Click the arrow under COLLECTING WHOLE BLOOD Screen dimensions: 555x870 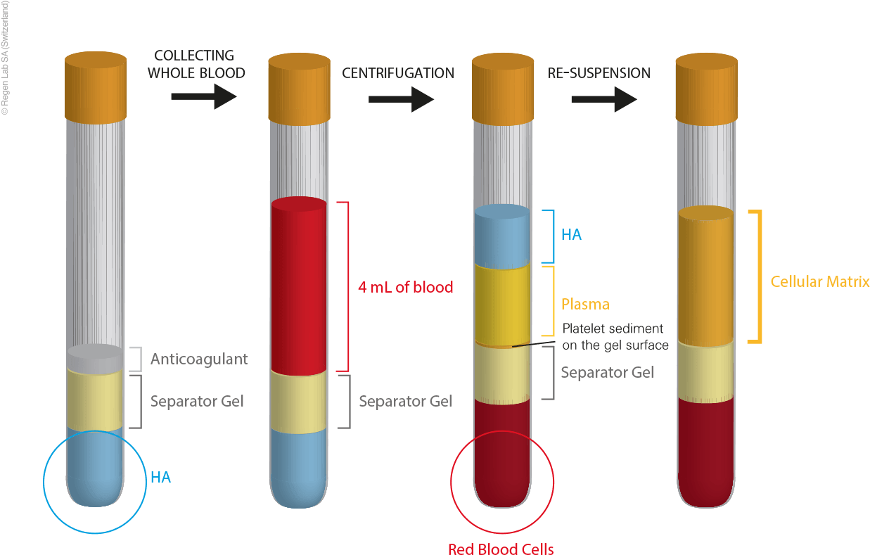tap(203, 97)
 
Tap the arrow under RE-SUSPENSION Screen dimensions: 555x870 tap(603, 99)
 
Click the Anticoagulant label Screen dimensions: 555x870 tap(199, 359)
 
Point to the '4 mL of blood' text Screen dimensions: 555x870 tap(405, 287)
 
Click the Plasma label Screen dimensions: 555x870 tap(585, 305)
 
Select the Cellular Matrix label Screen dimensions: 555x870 tap(820, 282)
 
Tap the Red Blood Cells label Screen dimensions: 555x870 tap(501, 548)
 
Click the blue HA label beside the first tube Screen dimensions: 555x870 tap(160, 478)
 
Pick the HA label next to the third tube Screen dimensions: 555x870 tap(571, 235)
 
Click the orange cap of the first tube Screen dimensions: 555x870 tap(96, 88)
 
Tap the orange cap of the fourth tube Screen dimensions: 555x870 tap(706, 88)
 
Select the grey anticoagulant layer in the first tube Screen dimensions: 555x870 tap(94, 359)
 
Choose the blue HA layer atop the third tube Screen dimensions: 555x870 tap(502, 235)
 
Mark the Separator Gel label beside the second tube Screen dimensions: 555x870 tap(405, 402)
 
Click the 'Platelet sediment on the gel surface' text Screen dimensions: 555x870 tap(613, 337)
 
